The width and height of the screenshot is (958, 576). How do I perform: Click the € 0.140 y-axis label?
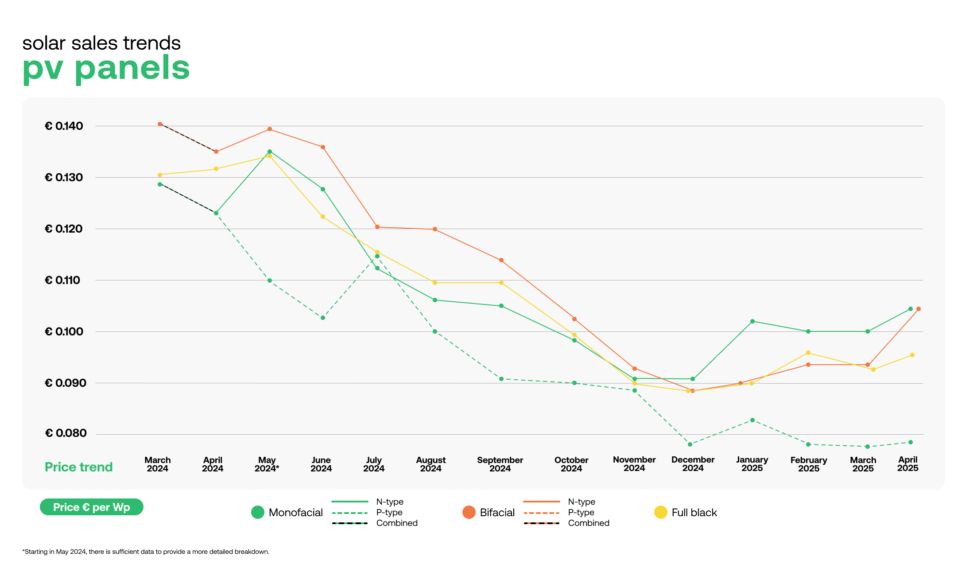click(x=64, y=126)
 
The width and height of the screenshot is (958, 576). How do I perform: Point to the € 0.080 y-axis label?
click(x=66, y=433)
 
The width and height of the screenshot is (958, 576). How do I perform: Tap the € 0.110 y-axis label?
click(x=62, y=280)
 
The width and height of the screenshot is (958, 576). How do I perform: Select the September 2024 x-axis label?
click(x=500, y=464)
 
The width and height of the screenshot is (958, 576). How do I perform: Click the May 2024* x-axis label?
click(x=267, y=464)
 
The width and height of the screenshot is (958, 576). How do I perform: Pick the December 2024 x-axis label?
click(x=693, y=464)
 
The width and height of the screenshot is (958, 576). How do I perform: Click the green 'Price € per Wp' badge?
click(x=92, y=507)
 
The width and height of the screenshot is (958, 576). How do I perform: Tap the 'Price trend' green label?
click(x=79, y=467)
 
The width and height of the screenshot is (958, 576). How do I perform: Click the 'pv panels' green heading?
click(x=106, y=68)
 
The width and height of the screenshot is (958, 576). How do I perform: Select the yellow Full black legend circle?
click(x=660, y=513)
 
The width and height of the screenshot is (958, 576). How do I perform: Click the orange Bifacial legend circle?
click(x=469, y=513)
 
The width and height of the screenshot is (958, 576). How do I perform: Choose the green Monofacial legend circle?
click(x=257, y=513)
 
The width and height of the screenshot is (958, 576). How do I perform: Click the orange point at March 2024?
click(x=160, y=124)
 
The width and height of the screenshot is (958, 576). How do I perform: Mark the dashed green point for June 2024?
click(x=323, y=318)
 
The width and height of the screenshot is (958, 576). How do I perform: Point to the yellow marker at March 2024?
click(x=160, y=175)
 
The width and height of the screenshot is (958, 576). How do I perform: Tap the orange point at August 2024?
click(x=435, y=230)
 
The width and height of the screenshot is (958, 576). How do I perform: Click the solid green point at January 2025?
click(x=752, y=321)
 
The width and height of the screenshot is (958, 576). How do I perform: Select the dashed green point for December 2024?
click(x=690, y=444)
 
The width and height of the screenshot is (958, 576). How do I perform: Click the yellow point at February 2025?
click(x=808, y=353)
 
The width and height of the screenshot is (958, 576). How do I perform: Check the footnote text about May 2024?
click(x=146, y=552)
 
